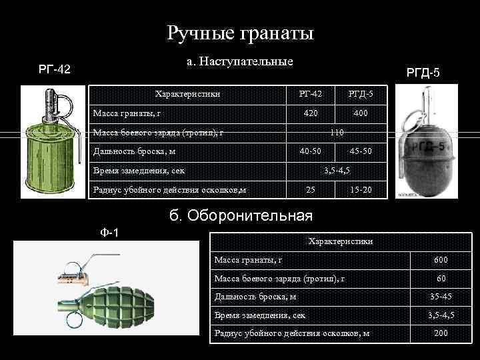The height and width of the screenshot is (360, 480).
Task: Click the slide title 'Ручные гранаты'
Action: (240, 33)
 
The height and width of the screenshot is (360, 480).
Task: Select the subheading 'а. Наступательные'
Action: (240, 62)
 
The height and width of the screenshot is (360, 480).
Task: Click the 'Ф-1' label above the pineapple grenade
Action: (109, 233)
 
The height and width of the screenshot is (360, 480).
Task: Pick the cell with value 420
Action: (310, 113)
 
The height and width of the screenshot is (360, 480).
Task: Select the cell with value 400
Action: (361, 113)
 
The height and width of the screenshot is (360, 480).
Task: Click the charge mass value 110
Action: (336, 133)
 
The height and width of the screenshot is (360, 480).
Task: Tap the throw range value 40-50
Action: (310, 151)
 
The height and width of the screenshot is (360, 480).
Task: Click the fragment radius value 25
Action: (310, 191)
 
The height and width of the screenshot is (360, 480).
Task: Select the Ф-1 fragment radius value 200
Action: (441, 333)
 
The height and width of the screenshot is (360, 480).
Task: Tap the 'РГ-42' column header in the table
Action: (310, 94)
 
